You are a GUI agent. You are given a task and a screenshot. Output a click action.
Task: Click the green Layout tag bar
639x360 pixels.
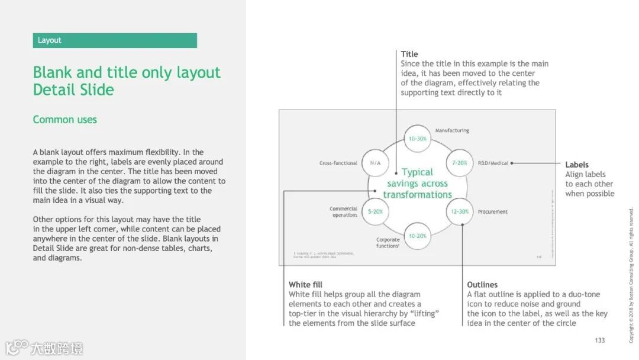click(115, 40)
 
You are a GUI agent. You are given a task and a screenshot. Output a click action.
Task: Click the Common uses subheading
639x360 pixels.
click(65, 120)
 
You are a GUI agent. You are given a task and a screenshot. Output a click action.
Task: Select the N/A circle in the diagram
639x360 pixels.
click(375, 163)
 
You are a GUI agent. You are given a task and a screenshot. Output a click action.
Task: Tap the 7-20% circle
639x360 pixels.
click(460, 163)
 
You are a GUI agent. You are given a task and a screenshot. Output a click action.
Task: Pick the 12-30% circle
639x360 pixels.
click(460, 211)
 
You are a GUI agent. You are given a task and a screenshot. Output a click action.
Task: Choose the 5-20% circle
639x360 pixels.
click(375, 211)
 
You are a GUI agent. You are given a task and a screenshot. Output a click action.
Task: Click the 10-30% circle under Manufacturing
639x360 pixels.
click(417, 139)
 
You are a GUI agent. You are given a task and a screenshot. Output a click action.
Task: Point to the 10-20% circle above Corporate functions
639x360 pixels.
click(417, 236)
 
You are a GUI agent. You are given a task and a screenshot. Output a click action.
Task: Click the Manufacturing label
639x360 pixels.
click(452, 130)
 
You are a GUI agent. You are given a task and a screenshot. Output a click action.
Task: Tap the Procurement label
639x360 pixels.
click(492, 212)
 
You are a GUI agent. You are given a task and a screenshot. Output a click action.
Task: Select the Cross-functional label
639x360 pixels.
click(338, 163)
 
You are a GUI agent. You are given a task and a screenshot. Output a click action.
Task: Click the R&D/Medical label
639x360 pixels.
click(493, 163)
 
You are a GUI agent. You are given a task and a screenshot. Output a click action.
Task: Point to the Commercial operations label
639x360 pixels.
click(343, 212)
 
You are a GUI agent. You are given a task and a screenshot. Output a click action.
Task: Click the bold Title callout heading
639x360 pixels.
click(409, 54)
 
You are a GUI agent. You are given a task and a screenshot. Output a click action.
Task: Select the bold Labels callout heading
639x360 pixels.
click(577, 165)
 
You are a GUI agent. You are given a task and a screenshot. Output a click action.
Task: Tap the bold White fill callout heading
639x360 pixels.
click(305, 285)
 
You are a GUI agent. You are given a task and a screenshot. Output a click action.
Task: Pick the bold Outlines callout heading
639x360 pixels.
click(482, 285)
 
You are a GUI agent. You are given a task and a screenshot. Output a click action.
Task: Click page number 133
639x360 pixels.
click(600, 340)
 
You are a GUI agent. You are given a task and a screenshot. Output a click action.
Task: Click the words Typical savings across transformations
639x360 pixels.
click(417, 183)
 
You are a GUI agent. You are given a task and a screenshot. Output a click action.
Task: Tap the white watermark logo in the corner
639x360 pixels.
click(44, 348)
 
